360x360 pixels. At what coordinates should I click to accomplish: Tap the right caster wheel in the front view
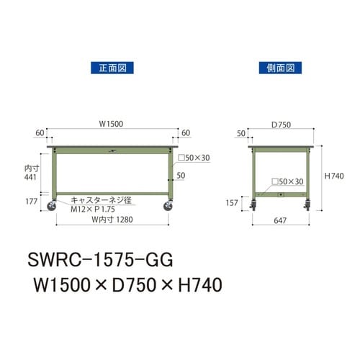(168, 207)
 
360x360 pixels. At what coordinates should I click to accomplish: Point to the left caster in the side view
(253, 207)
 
